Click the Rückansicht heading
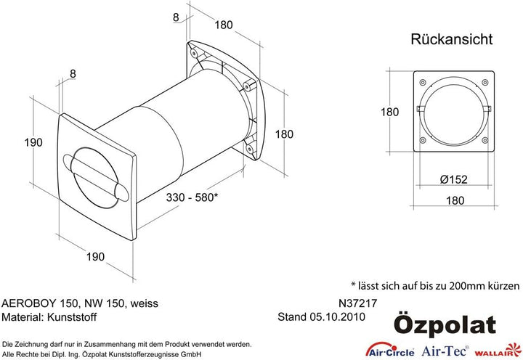[451, 39]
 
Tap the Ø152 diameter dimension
[453, 179]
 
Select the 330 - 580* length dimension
[192, 197]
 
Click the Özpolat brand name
[445, 326]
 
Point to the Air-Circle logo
[390, 351]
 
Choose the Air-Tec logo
[445, 351]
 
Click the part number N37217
[357, 303]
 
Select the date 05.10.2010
[338, 316]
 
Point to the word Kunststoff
[72, 316]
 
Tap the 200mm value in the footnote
[465, 286]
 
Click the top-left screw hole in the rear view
[422, 82]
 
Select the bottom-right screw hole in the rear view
[485, 140]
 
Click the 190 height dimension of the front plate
[33, 143]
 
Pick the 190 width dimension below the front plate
[95, 257]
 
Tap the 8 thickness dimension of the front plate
[73, 73]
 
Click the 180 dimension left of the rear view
[390, 112]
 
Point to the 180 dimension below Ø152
[455, 200]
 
